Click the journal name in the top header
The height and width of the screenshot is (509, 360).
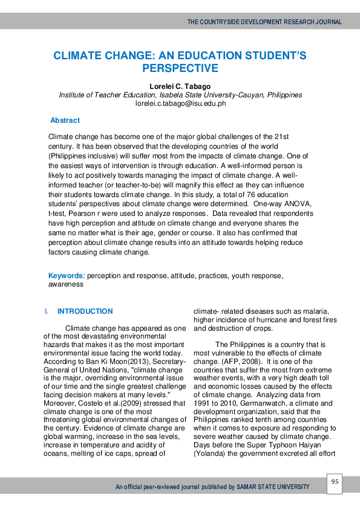pos(264,22)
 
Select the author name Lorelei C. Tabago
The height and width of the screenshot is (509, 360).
pos(180,86)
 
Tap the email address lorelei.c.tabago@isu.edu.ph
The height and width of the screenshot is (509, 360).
pos(180,103)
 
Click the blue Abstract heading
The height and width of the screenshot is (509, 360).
pos(65,120)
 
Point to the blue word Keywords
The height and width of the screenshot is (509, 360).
pos(67,276)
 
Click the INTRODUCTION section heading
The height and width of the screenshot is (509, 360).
pos(85,311)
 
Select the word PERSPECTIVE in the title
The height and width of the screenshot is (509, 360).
pos(180,68)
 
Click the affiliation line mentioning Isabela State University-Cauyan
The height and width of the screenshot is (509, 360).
pos(180,95)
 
